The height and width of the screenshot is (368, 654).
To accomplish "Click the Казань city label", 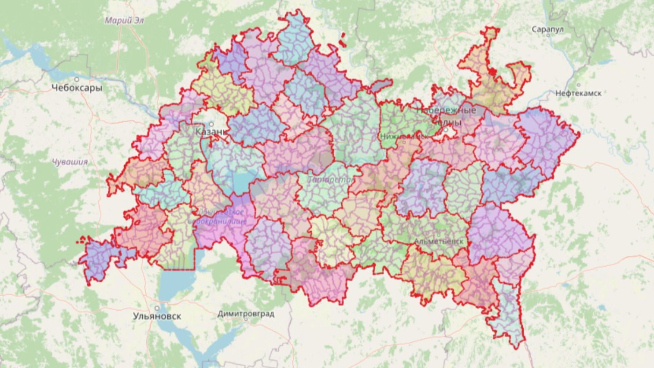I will pyautogui.click(x=210, y=132).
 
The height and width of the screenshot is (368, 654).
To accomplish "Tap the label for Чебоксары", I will pyautogui.click(x=77, y=88).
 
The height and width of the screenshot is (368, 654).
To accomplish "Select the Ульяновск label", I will pyautogui.click(x=157, y=316).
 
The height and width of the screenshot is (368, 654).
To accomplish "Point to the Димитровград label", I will pyautogui.click(x=246, y=314).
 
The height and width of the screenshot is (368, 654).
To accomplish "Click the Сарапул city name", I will pyautogui.click(x=548, y=29).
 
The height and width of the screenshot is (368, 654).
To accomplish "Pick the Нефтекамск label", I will pyautogui.click(x=578, y=93).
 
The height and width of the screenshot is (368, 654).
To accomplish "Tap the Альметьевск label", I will pyautogui.click(x=439, y=241).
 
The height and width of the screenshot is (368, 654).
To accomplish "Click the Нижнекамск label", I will pyautogui.click(x=404, y=137).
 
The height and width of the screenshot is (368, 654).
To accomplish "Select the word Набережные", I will pyautogui.click(x=446, y=110).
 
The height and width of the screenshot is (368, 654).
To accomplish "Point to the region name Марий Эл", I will pyautogui.click(x=124, y=20).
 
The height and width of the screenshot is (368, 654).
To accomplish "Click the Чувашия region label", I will pyautogui.click(x=70, y=162).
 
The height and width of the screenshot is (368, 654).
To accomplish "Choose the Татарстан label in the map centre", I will pyautogui.click(x=331, y=180).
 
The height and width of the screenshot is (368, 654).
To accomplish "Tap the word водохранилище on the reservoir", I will pyautogui.click(x=217, y=221).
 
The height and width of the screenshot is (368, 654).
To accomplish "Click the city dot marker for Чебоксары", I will pyautogui.click(x=77, y=79).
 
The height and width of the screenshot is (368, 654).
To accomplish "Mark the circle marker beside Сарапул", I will pyautogui.click(x=548, y=36).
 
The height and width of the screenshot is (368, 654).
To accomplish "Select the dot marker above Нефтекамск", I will pyautogui.click(x=578, y=85).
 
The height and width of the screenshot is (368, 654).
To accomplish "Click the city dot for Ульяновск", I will pyautogui.click(x=157, y=308).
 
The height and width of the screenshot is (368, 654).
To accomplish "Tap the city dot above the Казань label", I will pyautogui.click(x=211, y=124).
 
